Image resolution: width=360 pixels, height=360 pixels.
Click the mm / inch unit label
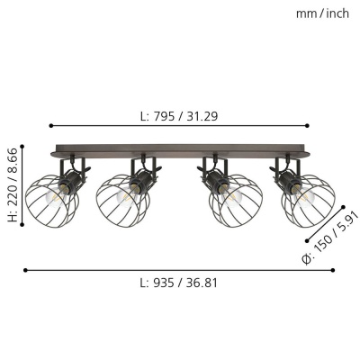tap(322, 13)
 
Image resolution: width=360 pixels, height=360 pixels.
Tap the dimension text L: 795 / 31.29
tap(179, 116)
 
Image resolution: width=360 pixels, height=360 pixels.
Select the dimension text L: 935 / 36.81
tap(179, 283)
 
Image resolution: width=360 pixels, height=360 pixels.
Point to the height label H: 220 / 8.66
tap(13, 185)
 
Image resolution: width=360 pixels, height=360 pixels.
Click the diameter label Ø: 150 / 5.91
tap(330, 238)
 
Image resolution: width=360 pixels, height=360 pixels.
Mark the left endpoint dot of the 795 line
tap(51, 126)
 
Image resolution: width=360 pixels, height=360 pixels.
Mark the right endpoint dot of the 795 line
tap(307, 126)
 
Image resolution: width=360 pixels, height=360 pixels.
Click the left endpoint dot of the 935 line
tap(25, 270)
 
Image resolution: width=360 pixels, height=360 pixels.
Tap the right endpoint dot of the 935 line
tap(333, 270)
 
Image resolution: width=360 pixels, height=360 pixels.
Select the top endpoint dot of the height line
tap(22, 147)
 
